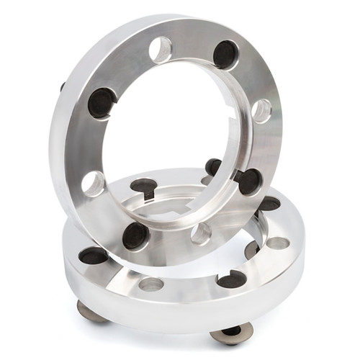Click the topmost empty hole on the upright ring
pyautogui.click(x=161, y=50)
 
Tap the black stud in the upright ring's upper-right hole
pyautogui.click(x=225, y=54)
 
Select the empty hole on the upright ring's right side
pyautogui.click(x=261, y=110)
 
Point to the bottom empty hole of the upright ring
pyautogui.click(x=202, y=233)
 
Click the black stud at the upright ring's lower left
pyautogui.click(x=135, y=235)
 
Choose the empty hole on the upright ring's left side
pyautogui.click(x=93, y=184)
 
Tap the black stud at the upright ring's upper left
pyautogui.click(x=102, y=102)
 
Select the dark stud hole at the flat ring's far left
pyautogui.click(x=94, y=256)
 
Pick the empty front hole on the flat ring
pyautogui.click(x=151, y=284)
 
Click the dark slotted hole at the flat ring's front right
pyautogui.click(x=232, y=279)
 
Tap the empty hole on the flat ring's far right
pyautogui.click(x=277, y=243)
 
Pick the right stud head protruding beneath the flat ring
pyautogui.click(x=232, y=333)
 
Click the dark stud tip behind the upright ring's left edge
pyautogui.click(x=63, y=87)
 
